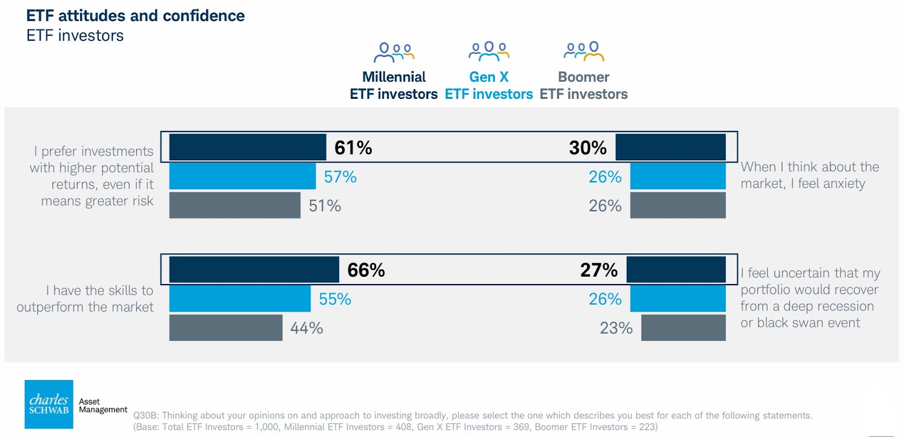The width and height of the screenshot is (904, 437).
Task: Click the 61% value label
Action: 353,148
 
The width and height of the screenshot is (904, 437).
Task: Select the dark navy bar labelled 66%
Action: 254,269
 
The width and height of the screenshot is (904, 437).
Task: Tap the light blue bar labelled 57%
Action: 242,176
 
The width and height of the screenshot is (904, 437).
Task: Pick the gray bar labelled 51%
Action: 234,206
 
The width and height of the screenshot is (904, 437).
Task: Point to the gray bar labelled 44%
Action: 225,327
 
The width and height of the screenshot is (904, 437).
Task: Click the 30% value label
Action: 588,148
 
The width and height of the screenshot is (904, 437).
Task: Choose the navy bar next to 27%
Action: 676,269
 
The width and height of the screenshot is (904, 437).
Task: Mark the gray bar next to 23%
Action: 683,327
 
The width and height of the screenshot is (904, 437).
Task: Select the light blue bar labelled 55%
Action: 240,299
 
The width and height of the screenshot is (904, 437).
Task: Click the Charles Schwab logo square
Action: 49,404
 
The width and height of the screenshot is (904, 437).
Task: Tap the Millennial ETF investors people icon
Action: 394,52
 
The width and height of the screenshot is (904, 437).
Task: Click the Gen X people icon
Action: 489,51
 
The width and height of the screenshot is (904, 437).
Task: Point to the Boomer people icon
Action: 584,51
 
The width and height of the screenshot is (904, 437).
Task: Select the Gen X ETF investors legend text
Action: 489,86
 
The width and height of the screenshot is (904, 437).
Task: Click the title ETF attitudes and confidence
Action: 136,16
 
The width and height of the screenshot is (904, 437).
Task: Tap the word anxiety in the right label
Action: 844,184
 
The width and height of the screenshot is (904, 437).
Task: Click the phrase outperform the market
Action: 85,307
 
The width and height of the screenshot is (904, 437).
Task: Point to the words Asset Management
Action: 103,405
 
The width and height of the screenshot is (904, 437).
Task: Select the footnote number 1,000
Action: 267,427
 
